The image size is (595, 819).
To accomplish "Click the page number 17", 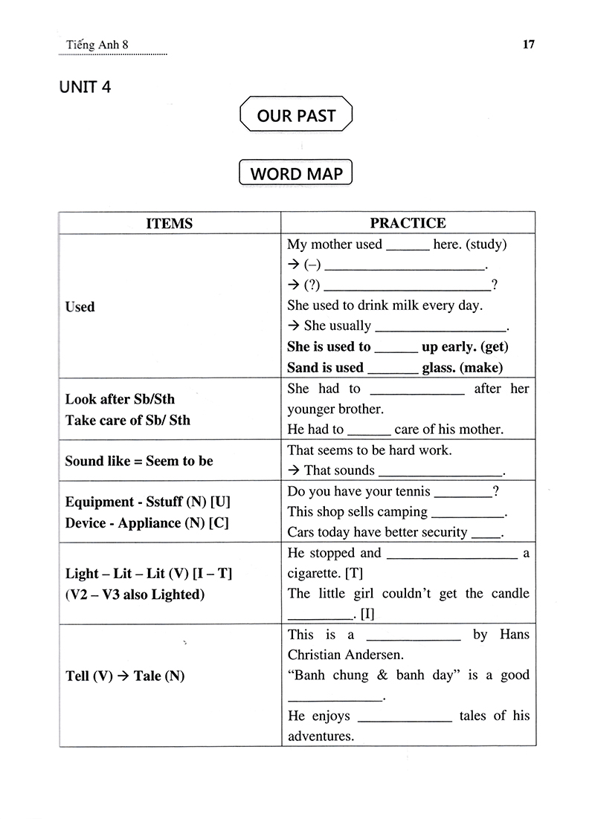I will click(529, 45).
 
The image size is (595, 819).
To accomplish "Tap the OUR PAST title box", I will click(296, 115).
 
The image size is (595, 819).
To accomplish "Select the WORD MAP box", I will click(296, 174).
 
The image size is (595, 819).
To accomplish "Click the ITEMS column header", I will click(170, 224).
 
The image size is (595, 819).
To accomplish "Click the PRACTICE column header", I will click(408, 224).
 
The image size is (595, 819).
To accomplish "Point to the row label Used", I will click(80, 307).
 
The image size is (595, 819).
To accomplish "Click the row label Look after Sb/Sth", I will click(120, 399).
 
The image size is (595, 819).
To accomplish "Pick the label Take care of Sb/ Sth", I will click(128, 420).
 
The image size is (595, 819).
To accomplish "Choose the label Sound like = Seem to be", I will click(139, 461).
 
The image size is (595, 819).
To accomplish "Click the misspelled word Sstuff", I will click(167, 502).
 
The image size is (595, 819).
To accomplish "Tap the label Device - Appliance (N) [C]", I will click(147, 522).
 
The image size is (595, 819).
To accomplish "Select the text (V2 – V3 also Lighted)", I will click(134, 595).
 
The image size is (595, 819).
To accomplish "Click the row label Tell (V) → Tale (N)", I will click(125, 676).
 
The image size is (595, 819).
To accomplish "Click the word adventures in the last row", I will click(320, 737).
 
